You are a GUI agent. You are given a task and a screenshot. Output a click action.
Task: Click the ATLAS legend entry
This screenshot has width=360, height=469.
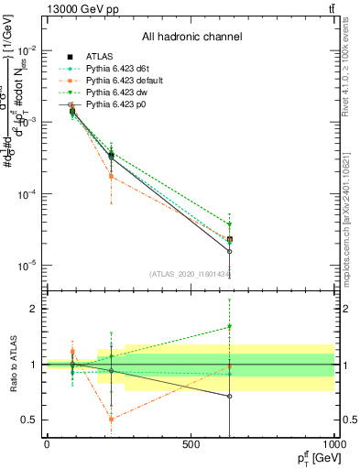click(x=100, y=56)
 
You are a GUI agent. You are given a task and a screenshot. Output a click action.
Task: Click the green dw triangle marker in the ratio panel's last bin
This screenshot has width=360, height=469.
click(x=229, y=326)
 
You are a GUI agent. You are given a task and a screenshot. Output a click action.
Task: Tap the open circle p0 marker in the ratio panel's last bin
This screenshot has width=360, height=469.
click(x=229, y=396)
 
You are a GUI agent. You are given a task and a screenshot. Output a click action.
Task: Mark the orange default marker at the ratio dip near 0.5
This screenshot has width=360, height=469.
click(x=111, y=419)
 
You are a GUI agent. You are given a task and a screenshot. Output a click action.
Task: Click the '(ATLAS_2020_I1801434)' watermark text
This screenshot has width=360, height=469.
click(x=191, y=273)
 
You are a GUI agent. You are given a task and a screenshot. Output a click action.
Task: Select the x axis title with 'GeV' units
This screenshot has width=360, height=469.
click(x=313, y=457)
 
